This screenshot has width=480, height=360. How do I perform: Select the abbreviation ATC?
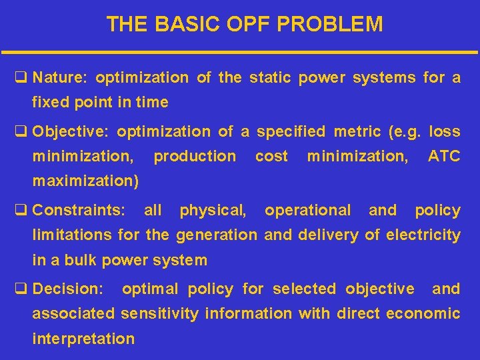(443, 157)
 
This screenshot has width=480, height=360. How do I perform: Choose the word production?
(195, 157)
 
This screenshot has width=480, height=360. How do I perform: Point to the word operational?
(307, 211)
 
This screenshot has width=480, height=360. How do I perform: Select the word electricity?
(423, 235)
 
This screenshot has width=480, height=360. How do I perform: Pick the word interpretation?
(83, 339)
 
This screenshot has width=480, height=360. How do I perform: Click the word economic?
(423, 313)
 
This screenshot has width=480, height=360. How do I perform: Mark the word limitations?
(73, 235)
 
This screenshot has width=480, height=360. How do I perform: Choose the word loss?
(445, 132)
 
